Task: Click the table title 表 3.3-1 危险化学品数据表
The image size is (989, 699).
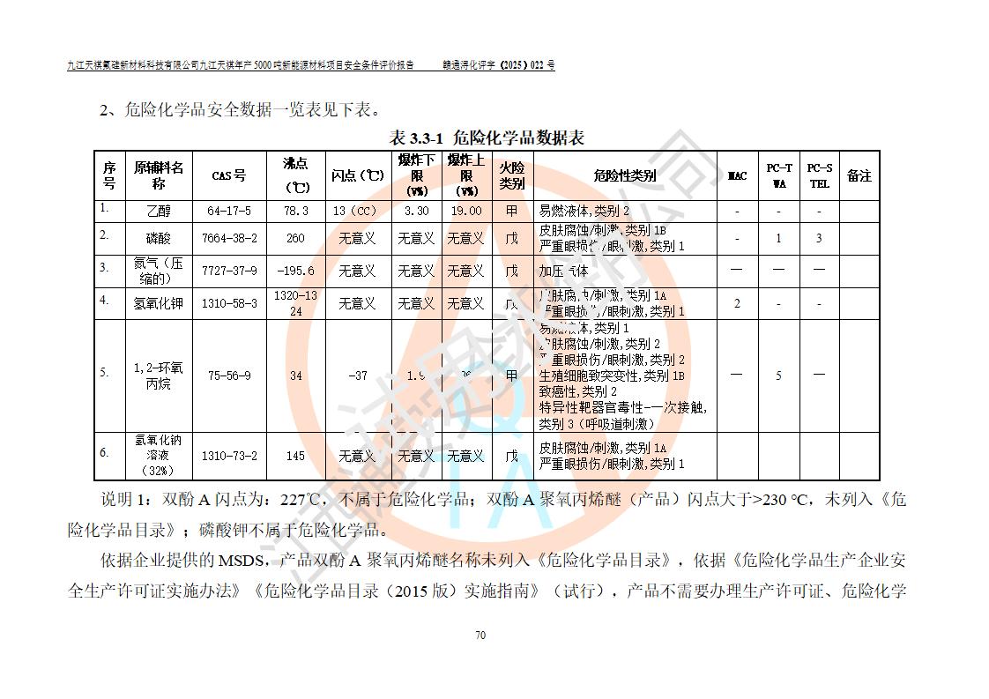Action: click(x=487, y=138)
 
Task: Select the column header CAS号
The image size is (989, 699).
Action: click(x=229, y=175)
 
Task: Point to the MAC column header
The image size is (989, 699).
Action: click(x=737, y=175)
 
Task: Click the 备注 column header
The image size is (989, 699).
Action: click(x=859, y=175)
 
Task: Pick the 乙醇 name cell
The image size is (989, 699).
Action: click(x=159, y=212)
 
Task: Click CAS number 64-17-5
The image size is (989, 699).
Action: click(x=229, y=212)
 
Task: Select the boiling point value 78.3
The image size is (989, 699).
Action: click(x=295, y=212)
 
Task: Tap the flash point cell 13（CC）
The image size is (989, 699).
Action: click(x=357, y=212)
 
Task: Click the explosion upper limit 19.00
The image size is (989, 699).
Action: click(x=466, y=212)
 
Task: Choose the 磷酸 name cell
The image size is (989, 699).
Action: click(x=159, y=238)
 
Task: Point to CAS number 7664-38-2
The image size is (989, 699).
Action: click(x=229, y=238)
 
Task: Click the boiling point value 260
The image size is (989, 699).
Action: click(x=295, y=238)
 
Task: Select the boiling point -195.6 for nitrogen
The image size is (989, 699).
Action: click(x=295, y=271)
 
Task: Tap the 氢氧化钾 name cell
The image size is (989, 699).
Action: click(x=159, y=303)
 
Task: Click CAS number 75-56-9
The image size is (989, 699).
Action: click(x=229, y=376)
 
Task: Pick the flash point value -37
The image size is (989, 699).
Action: click(x=357, y=376)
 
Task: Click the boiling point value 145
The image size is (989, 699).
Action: click(x=295, y=456)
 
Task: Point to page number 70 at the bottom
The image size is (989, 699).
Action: click(x=480, y=636)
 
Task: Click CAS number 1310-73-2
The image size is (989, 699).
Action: click(x=229, y=456)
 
